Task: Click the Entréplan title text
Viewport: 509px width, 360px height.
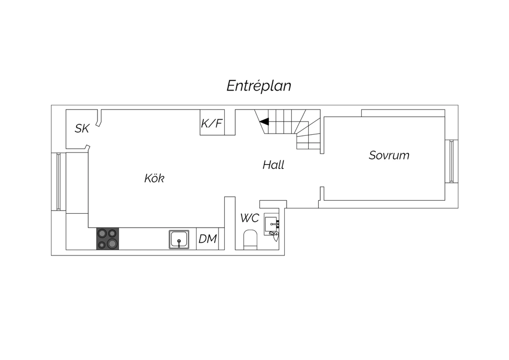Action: tap(259, 86)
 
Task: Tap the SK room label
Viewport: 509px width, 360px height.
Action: tap(82, 128)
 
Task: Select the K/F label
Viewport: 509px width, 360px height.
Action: tap(211, 123)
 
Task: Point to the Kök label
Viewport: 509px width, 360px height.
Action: tap(154, 178)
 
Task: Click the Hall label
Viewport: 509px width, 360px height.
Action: tap(274, 165)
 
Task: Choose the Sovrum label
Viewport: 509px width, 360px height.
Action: tap(389, 155)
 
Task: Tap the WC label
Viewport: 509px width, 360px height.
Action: tap(250, 218)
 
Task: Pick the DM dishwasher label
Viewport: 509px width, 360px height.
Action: tap(208, 239)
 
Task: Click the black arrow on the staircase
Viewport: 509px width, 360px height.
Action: tap(264, 122)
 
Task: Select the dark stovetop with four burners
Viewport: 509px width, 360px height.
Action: tap(108, 238)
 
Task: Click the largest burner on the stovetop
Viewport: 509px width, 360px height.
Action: tap(112, 244)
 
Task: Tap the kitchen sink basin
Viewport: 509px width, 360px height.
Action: tap(179, 239)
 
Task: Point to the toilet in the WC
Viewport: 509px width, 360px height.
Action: tap(250, 240)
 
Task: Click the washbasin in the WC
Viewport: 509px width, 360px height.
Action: tap(271, 224)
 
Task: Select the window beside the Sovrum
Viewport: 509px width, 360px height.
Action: tap(451, 161)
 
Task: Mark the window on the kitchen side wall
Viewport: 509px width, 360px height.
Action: tap(58, 181)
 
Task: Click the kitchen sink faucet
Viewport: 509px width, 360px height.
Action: tap(179, 242)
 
